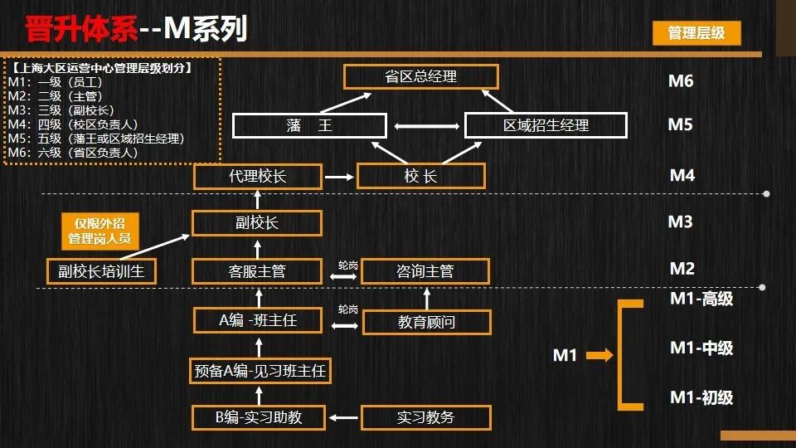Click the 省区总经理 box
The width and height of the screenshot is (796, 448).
click(421, 77)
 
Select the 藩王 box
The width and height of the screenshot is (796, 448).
click(309, 125)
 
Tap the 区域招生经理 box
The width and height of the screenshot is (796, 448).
click(546, 125)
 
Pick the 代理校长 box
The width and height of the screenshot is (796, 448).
click(257, 176)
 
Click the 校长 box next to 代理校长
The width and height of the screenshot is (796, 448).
click(420, 176)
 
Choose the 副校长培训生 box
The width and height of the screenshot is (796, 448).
click(101, 271)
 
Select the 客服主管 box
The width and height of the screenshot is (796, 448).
click(257, 271)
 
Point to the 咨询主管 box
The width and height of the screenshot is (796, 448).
click(425, 271)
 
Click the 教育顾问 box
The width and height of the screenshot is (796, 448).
click(427, 322)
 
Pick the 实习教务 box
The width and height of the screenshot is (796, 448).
click(426, 417)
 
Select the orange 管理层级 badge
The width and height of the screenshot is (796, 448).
click(696, 32)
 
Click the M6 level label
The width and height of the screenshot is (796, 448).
click(681, 81)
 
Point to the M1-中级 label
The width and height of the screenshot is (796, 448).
click(701, 348)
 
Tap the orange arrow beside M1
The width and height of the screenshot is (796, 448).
click(599, 356)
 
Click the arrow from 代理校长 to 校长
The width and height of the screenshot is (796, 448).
click(339, 176)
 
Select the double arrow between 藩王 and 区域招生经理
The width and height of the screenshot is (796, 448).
click(425, 126)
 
